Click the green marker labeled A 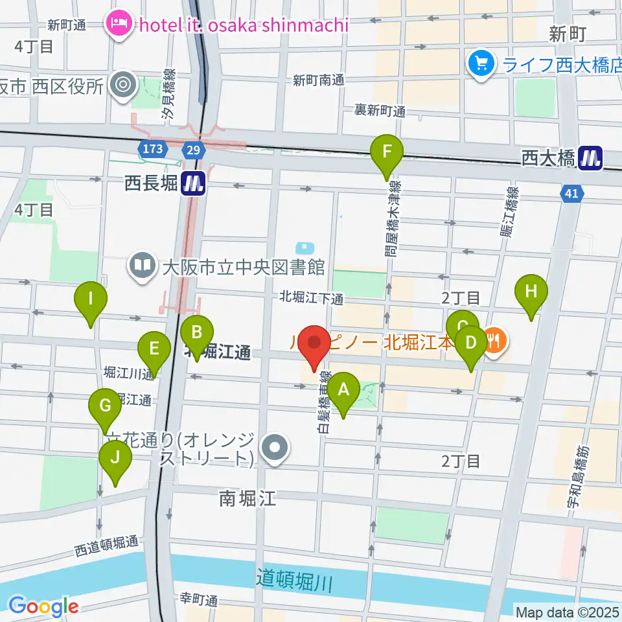click(343, 390)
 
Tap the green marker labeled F click(387, 153)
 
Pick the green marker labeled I click(91, 300)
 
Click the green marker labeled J click(115, 458)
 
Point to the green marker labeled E click(154, 350)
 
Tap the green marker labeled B click(197, 334)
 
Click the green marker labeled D click(471, 341)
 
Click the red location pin click(314, 343)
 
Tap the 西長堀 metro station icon click(193, 184)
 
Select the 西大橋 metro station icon click(590, 157)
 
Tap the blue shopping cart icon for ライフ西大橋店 click(481, 63)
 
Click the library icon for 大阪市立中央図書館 click(141, 265)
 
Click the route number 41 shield click(571, 193)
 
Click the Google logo click(43, 606)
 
